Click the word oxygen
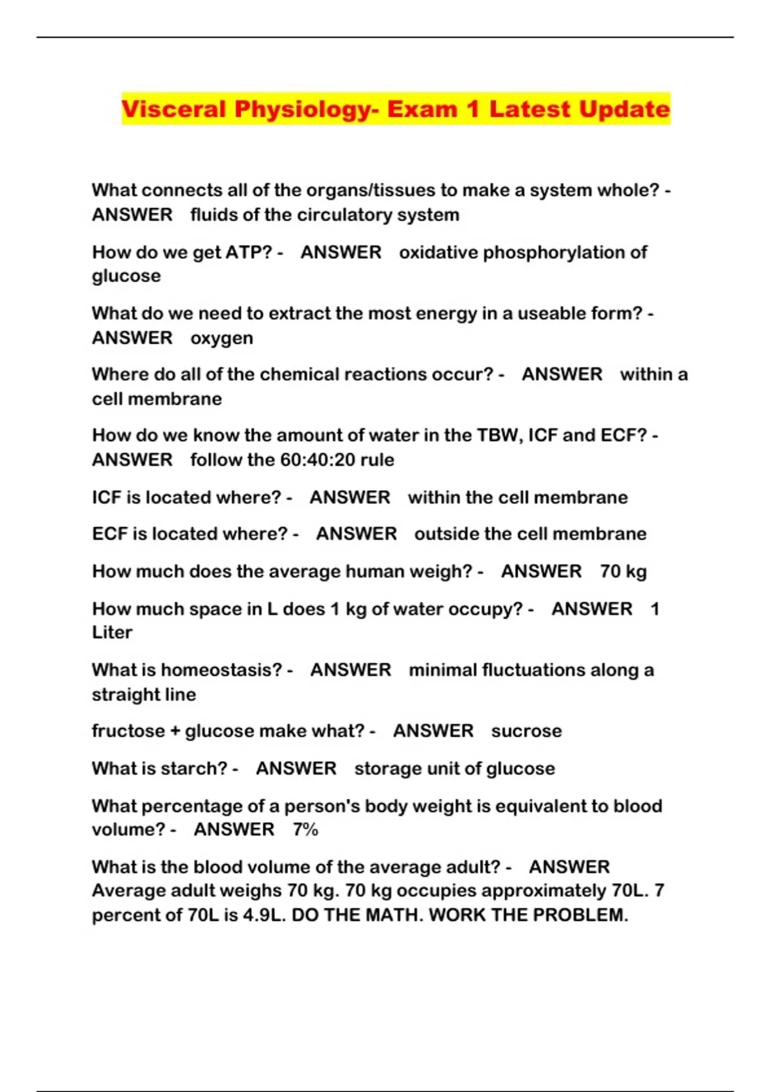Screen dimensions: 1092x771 [x=222, y=339]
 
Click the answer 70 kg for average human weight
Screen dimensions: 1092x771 [x=623, y=572]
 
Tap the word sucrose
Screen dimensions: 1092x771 [x=526, y=731]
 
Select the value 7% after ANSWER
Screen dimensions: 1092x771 [x=305, y=830]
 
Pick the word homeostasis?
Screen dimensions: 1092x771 [x=222, y=670]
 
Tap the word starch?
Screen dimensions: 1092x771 [x=198, y=768]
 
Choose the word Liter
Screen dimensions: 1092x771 [x=112, y=633]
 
